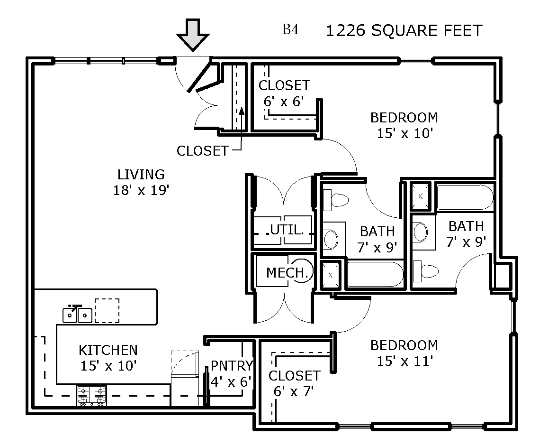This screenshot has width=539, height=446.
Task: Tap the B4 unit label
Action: [x=290, y=29]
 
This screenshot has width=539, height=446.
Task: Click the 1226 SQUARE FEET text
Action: [x=404, y=31]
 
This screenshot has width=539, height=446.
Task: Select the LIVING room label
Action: [x=141, y=175]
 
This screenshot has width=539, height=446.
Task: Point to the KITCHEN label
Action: [x=108, y=350]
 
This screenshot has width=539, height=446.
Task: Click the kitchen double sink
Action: [x=77, y=314]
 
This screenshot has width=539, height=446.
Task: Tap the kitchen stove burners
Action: [x=91, y=395]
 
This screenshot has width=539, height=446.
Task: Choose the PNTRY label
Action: [x=232, y=365]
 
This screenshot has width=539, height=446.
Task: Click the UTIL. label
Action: [x=287, y=230]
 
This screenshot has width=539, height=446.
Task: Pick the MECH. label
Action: [x=287, y=273]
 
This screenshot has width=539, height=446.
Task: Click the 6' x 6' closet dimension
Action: [x=284, y=102]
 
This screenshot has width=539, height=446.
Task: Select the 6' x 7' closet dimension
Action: [x=294, y=391]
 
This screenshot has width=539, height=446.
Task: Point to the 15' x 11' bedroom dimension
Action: [x=404, y=361]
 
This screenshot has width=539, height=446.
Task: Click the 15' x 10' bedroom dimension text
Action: [x=404, y=133]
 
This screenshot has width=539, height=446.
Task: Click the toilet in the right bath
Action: [x=426, y=271]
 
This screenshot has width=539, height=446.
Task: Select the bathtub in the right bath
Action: [x=465, y=197]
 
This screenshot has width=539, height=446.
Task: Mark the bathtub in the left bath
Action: [x=376, y=274]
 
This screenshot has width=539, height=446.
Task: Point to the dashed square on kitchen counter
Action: [x=107, y=311]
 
